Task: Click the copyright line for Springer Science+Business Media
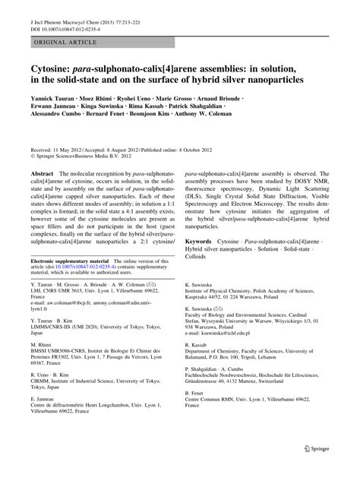(76, 158)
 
